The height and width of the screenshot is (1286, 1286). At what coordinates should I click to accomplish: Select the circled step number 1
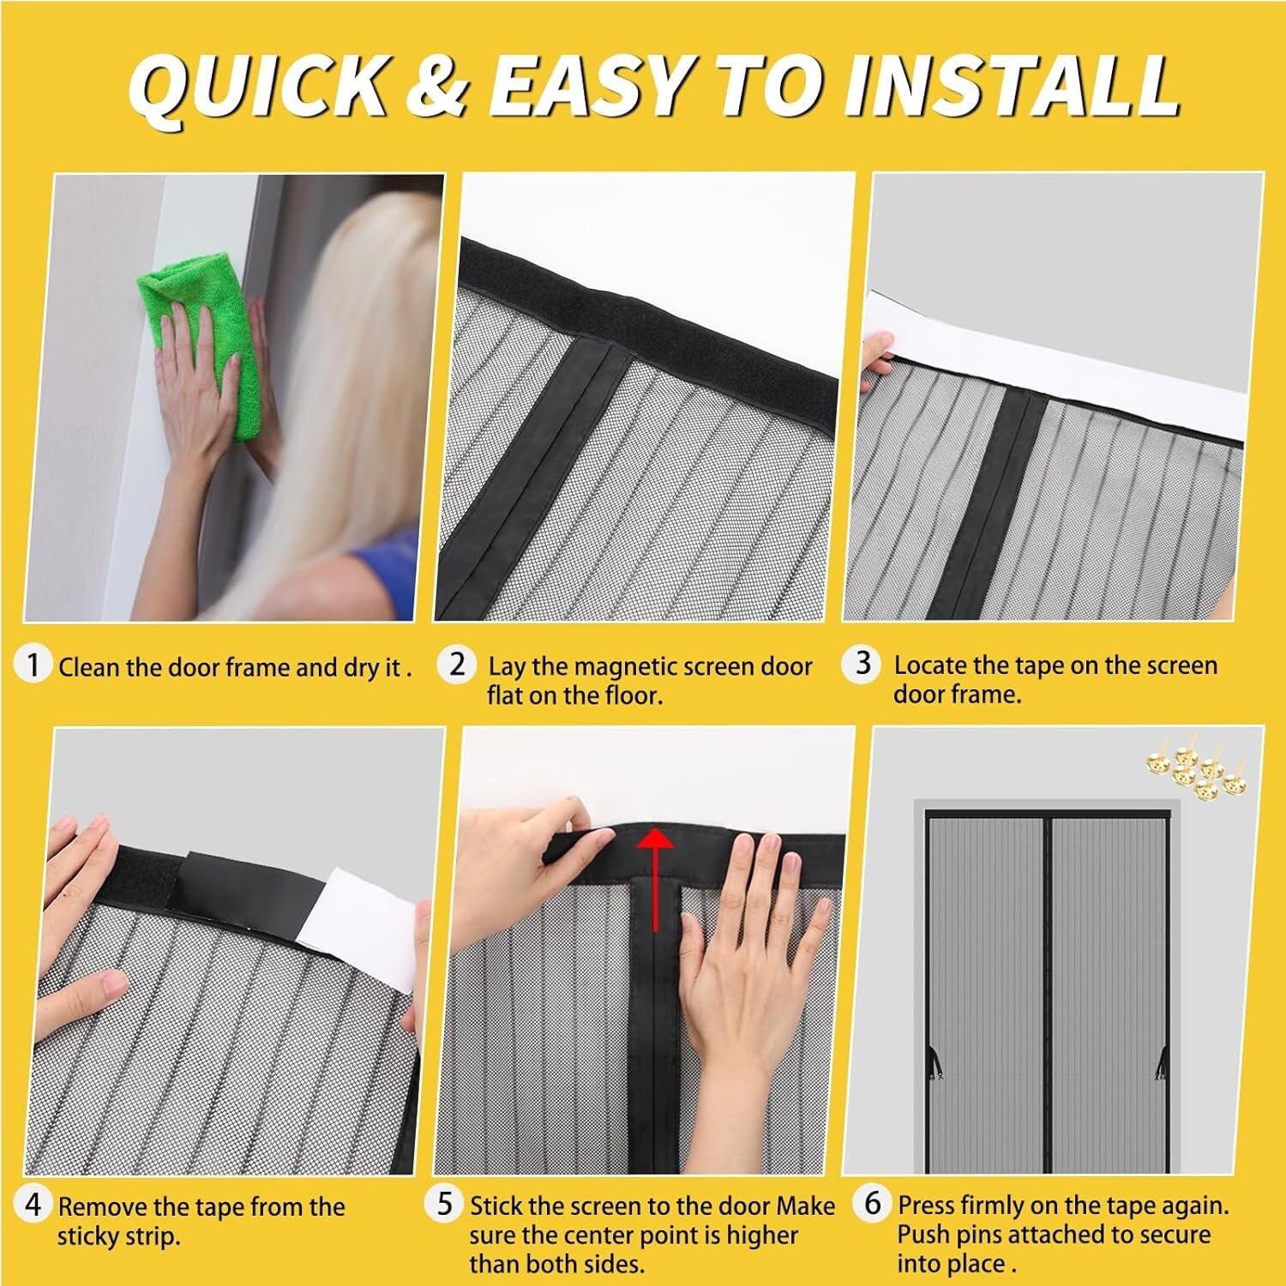coord(33,665)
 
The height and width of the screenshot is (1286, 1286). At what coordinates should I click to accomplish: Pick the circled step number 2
coord(458,664)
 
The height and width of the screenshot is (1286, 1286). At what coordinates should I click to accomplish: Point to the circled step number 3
coord(862,664)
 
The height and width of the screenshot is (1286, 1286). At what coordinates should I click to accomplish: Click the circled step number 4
coord(33,1205)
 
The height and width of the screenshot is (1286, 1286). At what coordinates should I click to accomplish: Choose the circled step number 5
coord(444,1204)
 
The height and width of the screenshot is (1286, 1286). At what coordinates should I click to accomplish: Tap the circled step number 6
coord(873,1204)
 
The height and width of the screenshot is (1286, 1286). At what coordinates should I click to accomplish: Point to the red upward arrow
coord(656,874)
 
